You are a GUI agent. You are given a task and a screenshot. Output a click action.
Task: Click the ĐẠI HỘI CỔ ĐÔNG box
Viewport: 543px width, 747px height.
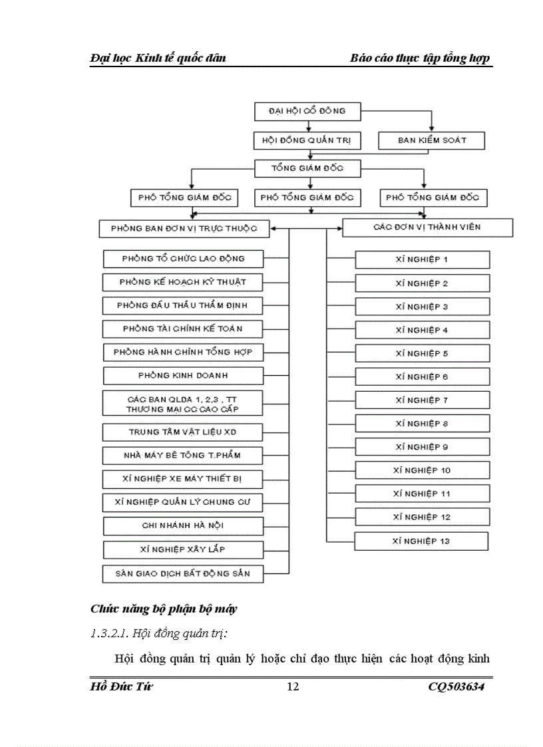[307, 112]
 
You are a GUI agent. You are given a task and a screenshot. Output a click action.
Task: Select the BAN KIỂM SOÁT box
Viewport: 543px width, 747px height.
[432, 141]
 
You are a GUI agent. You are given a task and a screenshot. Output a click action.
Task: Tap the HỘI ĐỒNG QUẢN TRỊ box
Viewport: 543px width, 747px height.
[307, 141]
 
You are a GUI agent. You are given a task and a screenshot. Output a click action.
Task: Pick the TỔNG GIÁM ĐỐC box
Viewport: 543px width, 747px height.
[307, 169]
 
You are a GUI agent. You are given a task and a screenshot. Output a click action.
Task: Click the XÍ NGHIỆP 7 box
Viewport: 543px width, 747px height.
[422, 400]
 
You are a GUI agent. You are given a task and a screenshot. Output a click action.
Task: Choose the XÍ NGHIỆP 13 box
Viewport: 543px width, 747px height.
[422, 541]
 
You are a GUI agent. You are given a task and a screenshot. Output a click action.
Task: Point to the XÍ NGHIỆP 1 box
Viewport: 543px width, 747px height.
[422, 259]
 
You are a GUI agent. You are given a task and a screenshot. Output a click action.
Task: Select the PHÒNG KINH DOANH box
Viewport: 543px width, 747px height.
[183, 376]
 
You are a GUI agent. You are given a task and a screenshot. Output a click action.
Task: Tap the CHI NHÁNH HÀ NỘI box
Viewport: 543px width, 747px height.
[183, 525]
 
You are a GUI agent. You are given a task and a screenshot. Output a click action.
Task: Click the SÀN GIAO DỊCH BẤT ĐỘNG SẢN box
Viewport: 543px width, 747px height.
[183, 573]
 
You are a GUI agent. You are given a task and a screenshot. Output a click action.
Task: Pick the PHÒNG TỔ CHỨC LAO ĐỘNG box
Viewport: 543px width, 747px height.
[183, 259]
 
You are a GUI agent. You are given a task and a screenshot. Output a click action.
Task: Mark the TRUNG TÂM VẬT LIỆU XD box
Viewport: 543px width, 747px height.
[183, 432]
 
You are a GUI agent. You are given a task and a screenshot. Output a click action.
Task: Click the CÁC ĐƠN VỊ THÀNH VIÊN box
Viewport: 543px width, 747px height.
[427, 227]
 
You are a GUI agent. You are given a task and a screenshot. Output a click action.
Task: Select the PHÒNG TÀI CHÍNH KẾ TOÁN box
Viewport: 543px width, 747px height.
[183, 329]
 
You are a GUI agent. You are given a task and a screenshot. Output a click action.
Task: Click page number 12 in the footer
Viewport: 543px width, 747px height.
[293, 687]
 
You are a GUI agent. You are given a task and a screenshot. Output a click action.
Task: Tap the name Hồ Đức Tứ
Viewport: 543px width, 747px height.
[121, 687]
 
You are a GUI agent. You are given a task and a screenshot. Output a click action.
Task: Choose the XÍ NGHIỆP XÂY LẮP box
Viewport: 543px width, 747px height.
[183, 549]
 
